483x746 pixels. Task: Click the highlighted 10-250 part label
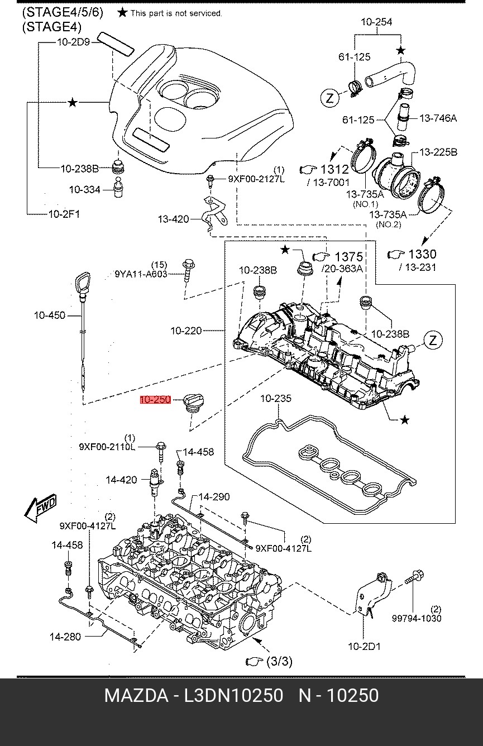click(156, 400)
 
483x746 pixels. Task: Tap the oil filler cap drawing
click(194, 403)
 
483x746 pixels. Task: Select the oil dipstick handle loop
click(83, 283)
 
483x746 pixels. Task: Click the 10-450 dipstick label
click(50, 315)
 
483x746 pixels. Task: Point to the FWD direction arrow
click(41, 508)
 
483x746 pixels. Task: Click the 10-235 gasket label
click(276, 398)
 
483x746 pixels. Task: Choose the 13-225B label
click(438, 152)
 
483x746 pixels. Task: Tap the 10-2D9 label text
click(74, 42)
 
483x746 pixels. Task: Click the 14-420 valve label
click(121, 480)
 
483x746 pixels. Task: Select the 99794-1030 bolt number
click(417, 618)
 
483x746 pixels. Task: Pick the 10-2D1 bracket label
click(364, 647)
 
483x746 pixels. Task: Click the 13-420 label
click(173, 219)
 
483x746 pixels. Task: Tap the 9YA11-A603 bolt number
click(141, 274)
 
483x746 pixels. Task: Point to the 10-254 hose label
click(376, 22)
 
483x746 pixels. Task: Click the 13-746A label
click(438, 118)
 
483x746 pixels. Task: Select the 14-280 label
click(65, 637)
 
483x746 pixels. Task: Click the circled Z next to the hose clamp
click(329, 98)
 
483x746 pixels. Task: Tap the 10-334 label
click(85, 190)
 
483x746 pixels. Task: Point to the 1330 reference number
click(422, 254)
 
